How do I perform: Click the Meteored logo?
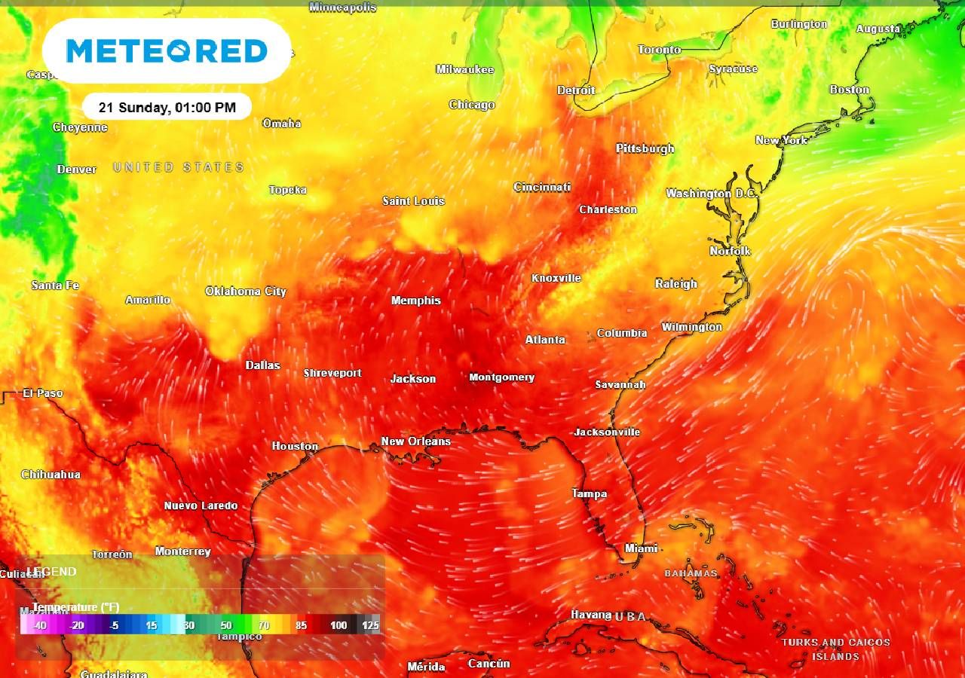coord(167,51)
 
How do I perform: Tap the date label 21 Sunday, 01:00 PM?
coord(167,108)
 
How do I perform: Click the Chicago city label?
coord(472,105)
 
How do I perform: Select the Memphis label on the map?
coord(416,301)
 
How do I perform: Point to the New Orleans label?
coord(415,441)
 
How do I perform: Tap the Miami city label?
coord(641,548)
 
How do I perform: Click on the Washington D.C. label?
coord(710,194)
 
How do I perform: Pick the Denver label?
coord(77,169)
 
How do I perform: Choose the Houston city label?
coord(295,446)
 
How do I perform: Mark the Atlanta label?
coord(545,340)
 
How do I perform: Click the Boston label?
coord(850,90)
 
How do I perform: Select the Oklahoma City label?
coord(246,292)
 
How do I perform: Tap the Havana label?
coord(591,615)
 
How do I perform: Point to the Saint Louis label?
coord(414,201)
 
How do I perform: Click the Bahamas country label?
coord(691,573)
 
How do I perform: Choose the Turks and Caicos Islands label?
coord(835,649)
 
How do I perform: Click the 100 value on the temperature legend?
coord(339,625)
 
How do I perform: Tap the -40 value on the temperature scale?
coord(39,625)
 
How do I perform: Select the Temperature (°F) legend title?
coord(75,607)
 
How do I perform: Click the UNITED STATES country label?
coord(179,167)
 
